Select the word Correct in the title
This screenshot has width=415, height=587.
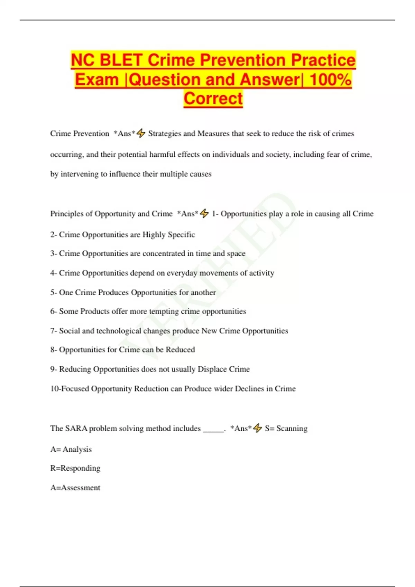point(213,98)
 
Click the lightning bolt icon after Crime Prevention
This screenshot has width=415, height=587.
point(141,133)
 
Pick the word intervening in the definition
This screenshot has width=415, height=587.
point(80,174)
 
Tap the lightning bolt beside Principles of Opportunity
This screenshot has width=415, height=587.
point(204,213)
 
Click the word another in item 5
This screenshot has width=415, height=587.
point(203,292)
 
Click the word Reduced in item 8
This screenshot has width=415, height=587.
point(180,350)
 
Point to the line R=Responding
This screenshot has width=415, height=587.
point(75,468)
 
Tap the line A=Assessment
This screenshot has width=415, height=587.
point(75,488)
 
